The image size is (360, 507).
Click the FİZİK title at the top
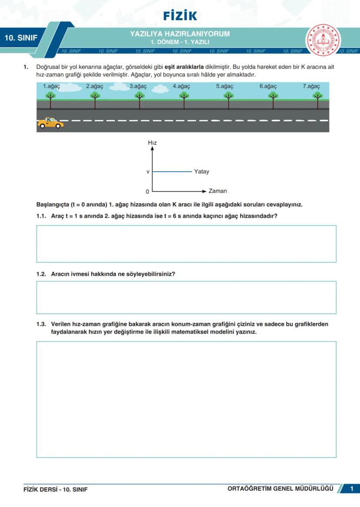click(180, 16)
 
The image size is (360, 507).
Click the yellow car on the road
click(50, 123)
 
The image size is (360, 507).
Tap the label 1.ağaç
click(51, 86)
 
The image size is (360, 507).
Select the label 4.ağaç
click(181, 86)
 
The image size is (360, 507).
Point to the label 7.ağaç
click(311, 86)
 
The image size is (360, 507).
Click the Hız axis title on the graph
click(152, 142)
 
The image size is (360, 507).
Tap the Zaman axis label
click(217, 191)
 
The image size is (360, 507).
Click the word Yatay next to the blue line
click(201, 172)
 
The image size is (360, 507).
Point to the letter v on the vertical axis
click(148, 172)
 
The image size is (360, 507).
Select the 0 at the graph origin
click(147, 191)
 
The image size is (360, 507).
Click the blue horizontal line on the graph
click(172, 172)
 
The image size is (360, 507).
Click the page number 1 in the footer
click(351, 489)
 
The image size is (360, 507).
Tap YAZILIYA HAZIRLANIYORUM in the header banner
click(180, 34)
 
